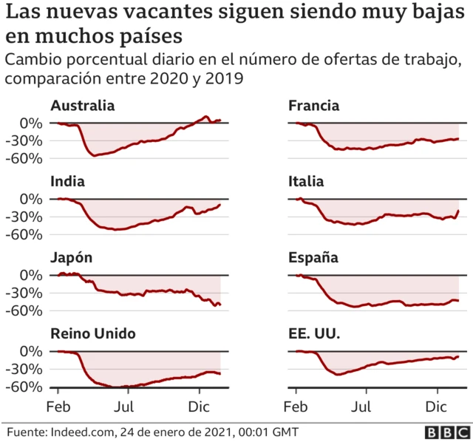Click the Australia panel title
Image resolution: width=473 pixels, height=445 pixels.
pyautogui.click(x=83, y=106)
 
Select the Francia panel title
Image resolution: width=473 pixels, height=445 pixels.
pyautogui.click(x=314, y=106)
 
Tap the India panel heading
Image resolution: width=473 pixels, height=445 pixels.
pyautogui.click(x=67, y=182)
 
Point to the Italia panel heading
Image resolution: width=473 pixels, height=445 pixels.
pyautogui.click(x=307, y=182)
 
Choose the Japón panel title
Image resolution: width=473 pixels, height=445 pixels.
pyautogui.click(x=72, y=258)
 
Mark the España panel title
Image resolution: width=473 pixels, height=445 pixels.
pyautogui.click(x=313, y=258)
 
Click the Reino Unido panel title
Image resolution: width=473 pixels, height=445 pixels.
pyautogui.click(x=93, y=334)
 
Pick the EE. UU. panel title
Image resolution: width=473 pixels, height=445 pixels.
pyautogui.click(x=314, y=334)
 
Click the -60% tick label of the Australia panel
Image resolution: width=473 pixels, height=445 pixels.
pyautogui.click(x=25, y=158)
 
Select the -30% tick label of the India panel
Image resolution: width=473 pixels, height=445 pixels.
pyautogui.click(x=25, y=217)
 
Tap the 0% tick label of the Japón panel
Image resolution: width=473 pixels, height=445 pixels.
pyautogui.click(x=32, y=275)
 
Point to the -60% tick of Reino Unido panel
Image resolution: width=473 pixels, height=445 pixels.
pyautogui.click(x=25, y=387)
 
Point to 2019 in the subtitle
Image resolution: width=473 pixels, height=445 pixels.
pyautogui.click(x=225, y=78)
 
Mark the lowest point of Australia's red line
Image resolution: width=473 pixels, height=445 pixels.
pyautogui.click(x=93, y=155)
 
